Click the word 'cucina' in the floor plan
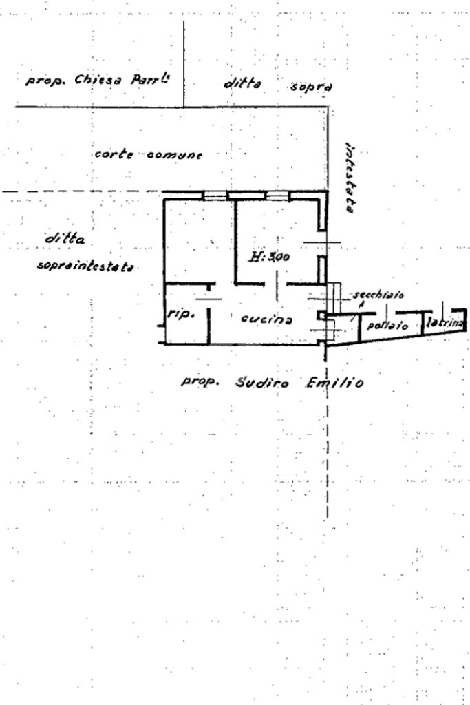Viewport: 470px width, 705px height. click(x=266, y=319)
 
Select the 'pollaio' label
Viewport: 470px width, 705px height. click(x=388, y=325)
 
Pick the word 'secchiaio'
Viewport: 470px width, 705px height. click(x=378, y=295)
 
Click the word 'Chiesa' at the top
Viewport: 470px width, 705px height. click(x=96, y=79)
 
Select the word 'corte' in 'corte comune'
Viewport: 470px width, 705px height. click(x=113, y=154)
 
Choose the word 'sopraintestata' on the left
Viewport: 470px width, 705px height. click(x=85, y=266)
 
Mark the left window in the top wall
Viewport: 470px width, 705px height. click(x=215, y=196)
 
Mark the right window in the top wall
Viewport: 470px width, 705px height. click(x=275, y=196)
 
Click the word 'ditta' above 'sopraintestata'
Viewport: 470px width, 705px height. click(x=65, y=240)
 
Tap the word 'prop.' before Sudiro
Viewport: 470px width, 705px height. click(x=201, y=381)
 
